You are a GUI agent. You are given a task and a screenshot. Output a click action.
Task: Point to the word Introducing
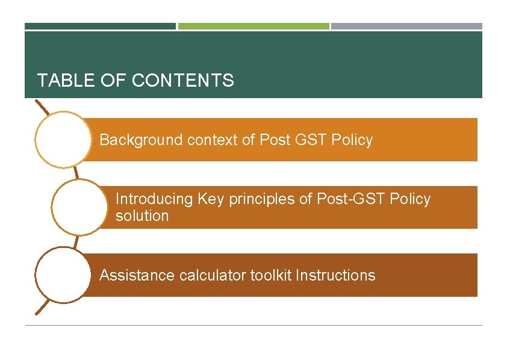[154, 199]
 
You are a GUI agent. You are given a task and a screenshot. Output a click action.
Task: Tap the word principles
[262, 199]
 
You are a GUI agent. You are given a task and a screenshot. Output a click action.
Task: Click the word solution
[142, 216]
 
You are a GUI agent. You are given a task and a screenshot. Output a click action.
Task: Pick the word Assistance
[137, 276]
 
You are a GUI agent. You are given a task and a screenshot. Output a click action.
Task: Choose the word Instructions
[335, 276]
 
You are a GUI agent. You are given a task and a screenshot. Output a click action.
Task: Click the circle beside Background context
[63, 139]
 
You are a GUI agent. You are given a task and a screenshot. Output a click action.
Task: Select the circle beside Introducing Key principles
[79, 207]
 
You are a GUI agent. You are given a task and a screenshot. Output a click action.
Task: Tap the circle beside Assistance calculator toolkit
[63, 275]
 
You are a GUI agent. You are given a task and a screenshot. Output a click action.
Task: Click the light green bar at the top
[253, 26]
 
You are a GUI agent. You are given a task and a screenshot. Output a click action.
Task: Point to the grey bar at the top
[406, 26]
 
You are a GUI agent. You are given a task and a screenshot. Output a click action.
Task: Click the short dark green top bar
[100, 26]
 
